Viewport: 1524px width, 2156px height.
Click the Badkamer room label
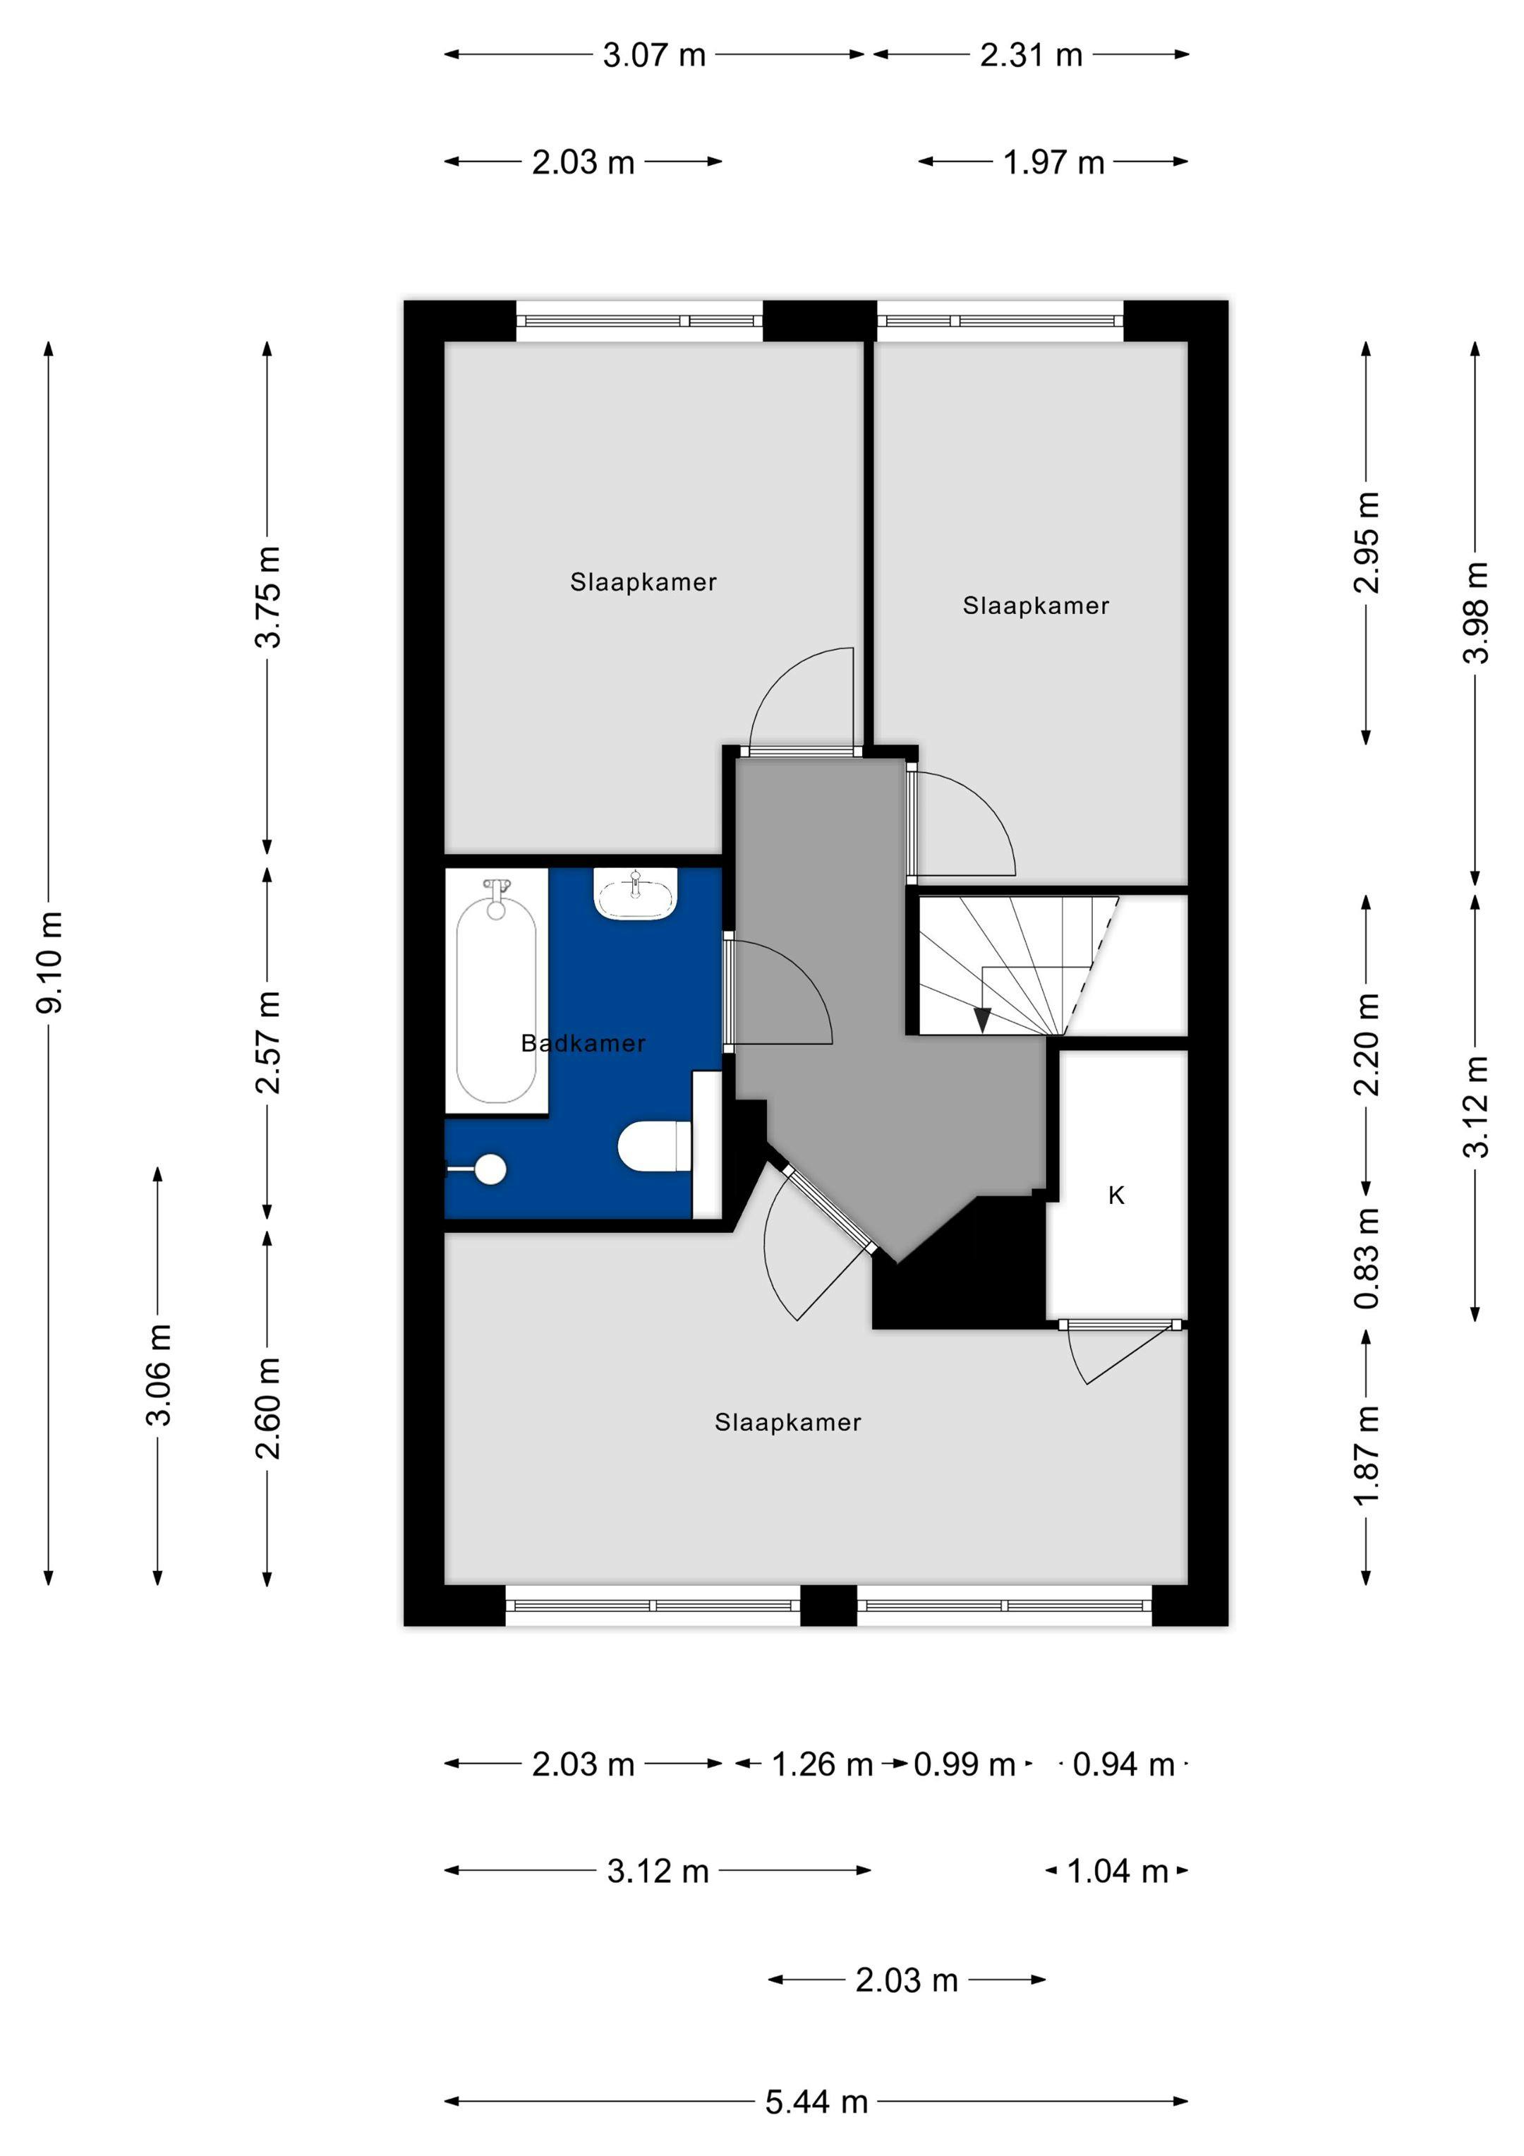click(x=582, y=1043)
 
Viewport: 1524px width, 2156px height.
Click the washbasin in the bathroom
click(x=636, y=894)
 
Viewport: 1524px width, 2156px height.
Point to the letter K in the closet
click(x=1115, y=1196)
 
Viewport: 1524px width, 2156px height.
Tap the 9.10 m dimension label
click(x=50, y=962)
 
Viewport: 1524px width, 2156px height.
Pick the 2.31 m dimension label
click(x=1031, y=56)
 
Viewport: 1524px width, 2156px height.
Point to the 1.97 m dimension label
click(x=1053, y=162)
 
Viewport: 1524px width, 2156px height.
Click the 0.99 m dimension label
click(x=964, y=1764)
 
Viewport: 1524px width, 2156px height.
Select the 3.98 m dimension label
click(x=1475, y=613)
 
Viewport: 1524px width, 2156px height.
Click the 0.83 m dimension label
click(x=1366, y=1258)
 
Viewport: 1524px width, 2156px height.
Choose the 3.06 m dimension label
click(x=159, y=1375)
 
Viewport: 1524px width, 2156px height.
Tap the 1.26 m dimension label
click(x=822, y=1764)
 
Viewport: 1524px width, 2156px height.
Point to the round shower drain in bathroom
click(x=490, y=1169)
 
